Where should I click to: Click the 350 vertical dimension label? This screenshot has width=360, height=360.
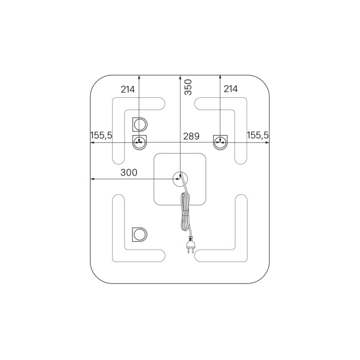tap(188, 87)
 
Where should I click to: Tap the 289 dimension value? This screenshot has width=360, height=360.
tap(191, 136)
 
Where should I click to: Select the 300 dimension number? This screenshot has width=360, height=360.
tap(129, 172)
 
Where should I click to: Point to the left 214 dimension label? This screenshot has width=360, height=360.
tap(128, 89)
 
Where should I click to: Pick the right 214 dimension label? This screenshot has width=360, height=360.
tap(231, 89)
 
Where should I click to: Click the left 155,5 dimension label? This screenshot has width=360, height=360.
tap(101, 136)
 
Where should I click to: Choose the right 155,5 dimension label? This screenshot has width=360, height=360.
tap(257, 135)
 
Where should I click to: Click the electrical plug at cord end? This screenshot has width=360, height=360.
tap(191, 245)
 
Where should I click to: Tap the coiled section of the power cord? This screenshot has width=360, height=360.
tap(185, 212)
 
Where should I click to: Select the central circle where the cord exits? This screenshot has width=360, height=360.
tap(180, 179)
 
